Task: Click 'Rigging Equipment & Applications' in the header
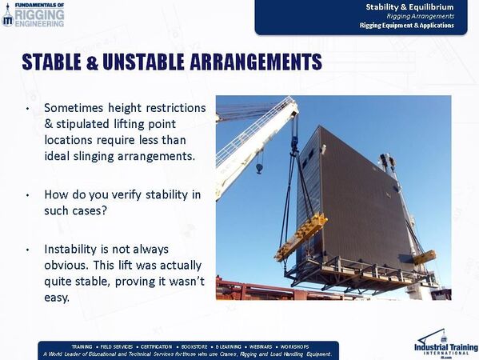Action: pyautogui.click(x=406, y=26)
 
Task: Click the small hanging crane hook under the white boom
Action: pyautogui.click(x=259, y=166)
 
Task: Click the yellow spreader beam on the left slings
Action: pyautogui.click(x=301, y=236)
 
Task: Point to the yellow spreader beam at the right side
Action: pyautogui.click(x=424, y=257)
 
